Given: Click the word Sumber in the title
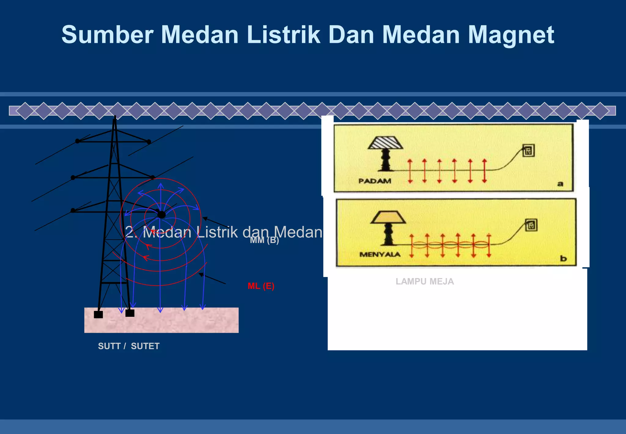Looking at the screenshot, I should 107,35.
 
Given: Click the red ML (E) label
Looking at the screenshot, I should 261,286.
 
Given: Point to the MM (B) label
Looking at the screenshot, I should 265,240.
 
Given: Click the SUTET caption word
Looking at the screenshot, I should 145,346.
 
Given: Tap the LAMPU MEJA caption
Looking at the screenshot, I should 425,282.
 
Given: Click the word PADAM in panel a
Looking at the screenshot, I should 375,181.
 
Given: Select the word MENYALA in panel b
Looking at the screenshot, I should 380,254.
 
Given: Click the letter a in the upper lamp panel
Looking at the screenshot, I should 560,184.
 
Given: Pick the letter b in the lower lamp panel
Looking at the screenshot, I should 563,259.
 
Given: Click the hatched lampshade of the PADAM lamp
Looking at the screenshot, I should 385,143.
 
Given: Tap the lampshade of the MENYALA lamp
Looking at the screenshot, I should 388,217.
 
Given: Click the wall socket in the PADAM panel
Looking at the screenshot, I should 528,151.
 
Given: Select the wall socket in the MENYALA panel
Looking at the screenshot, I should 531,225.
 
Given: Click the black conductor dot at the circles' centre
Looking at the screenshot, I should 161,215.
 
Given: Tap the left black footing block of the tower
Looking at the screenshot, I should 98,314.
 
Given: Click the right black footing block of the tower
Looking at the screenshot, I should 130,313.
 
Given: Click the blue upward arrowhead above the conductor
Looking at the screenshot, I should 161,186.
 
